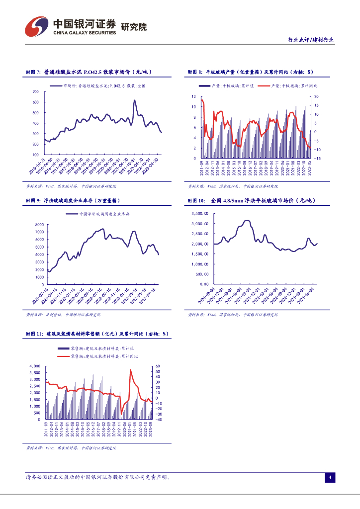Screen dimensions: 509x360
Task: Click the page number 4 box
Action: click(x=330, y=478)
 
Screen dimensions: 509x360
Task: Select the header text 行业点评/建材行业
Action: click(x=311, y=40)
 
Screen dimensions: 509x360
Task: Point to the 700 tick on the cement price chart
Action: click(x=35, y=91)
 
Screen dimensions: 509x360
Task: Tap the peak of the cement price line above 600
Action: click(x=134, y=100)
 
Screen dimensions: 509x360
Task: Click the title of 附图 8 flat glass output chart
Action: click(x=253, y=72)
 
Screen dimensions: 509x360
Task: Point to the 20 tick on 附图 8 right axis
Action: click(x=316, y=96)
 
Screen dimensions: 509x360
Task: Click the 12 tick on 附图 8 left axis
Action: click(x=194, y=96)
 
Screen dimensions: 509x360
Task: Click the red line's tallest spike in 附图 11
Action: click(x=130, y=370)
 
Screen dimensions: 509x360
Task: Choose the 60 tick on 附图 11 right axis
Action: click(x=158, y=366)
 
